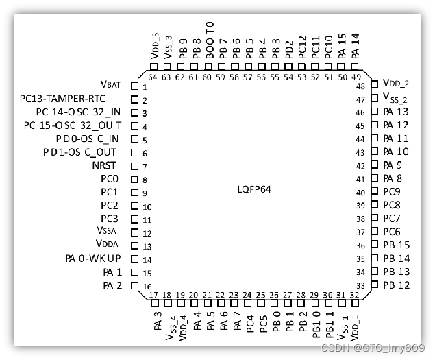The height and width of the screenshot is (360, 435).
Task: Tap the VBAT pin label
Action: coord(110,85)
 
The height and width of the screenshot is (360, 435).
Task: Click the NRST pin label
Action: coord(104,165)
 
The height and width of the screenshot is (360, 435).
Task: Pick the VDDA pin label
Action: coord(108,245)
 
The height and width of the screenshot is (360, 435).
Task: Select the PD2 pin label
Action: coord(289,49)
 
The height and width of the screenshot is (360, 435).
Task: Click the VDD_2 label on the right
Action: coord(395,83)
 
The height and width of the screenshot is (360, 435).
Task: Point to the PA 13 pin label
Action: coord(395,111)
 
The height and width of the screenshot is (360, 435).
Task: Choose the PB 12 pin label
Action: coord(396,285)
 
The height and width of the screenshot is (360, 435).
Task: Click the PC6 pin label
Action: coord(391,232)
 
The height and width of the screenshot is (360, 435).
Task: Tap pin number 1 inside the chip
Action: coord(145,87)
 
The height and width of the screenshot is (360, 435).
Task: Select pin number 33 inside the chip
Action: coord(360,285)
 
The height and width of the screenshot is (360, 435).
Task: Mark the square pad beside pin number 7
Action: coord(134,166)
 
